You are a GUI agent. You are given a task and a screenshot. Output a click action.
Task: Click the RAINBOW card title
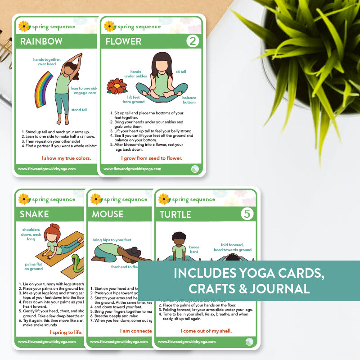[40, 41]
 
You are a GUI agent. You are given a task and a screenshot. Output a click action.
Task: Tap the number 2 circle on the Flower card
[193, 41]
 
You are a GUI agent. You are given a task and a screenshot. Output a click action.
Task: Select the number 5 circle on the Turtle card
[246, 214]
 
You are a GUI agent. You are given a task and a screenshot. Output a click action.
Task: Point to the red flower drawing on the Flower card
[117, 86]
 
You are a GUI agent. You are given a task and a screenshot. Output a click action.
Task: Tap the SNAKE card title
[34, 214]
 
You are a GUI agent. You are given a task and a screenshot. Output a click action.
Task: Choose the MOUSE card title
[108, 214]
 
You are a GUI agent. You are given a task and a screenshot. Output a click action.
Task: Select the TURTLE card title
[175, 215]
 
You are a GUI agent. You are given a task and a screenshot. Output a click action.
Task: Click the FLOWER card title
[123, 41]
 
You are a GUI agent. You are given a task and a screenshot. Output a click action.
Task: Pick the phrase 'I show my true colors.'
[66, 158]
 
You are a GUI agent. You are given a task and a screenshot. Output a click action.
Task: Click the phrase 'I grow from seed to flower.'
[151, 158]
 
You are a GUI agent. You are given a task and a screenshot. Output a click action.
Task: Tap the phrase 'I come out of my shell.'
[206, 331]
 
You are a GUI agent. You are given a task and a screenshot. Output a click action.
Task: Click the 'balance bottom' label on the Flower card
[189, 99]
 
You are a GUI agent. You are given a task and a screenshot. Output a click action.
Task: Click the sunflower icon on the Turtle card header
[164, 199]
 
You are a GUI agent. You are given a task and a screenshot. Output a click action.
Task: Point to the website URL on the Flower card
[132, 169]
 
